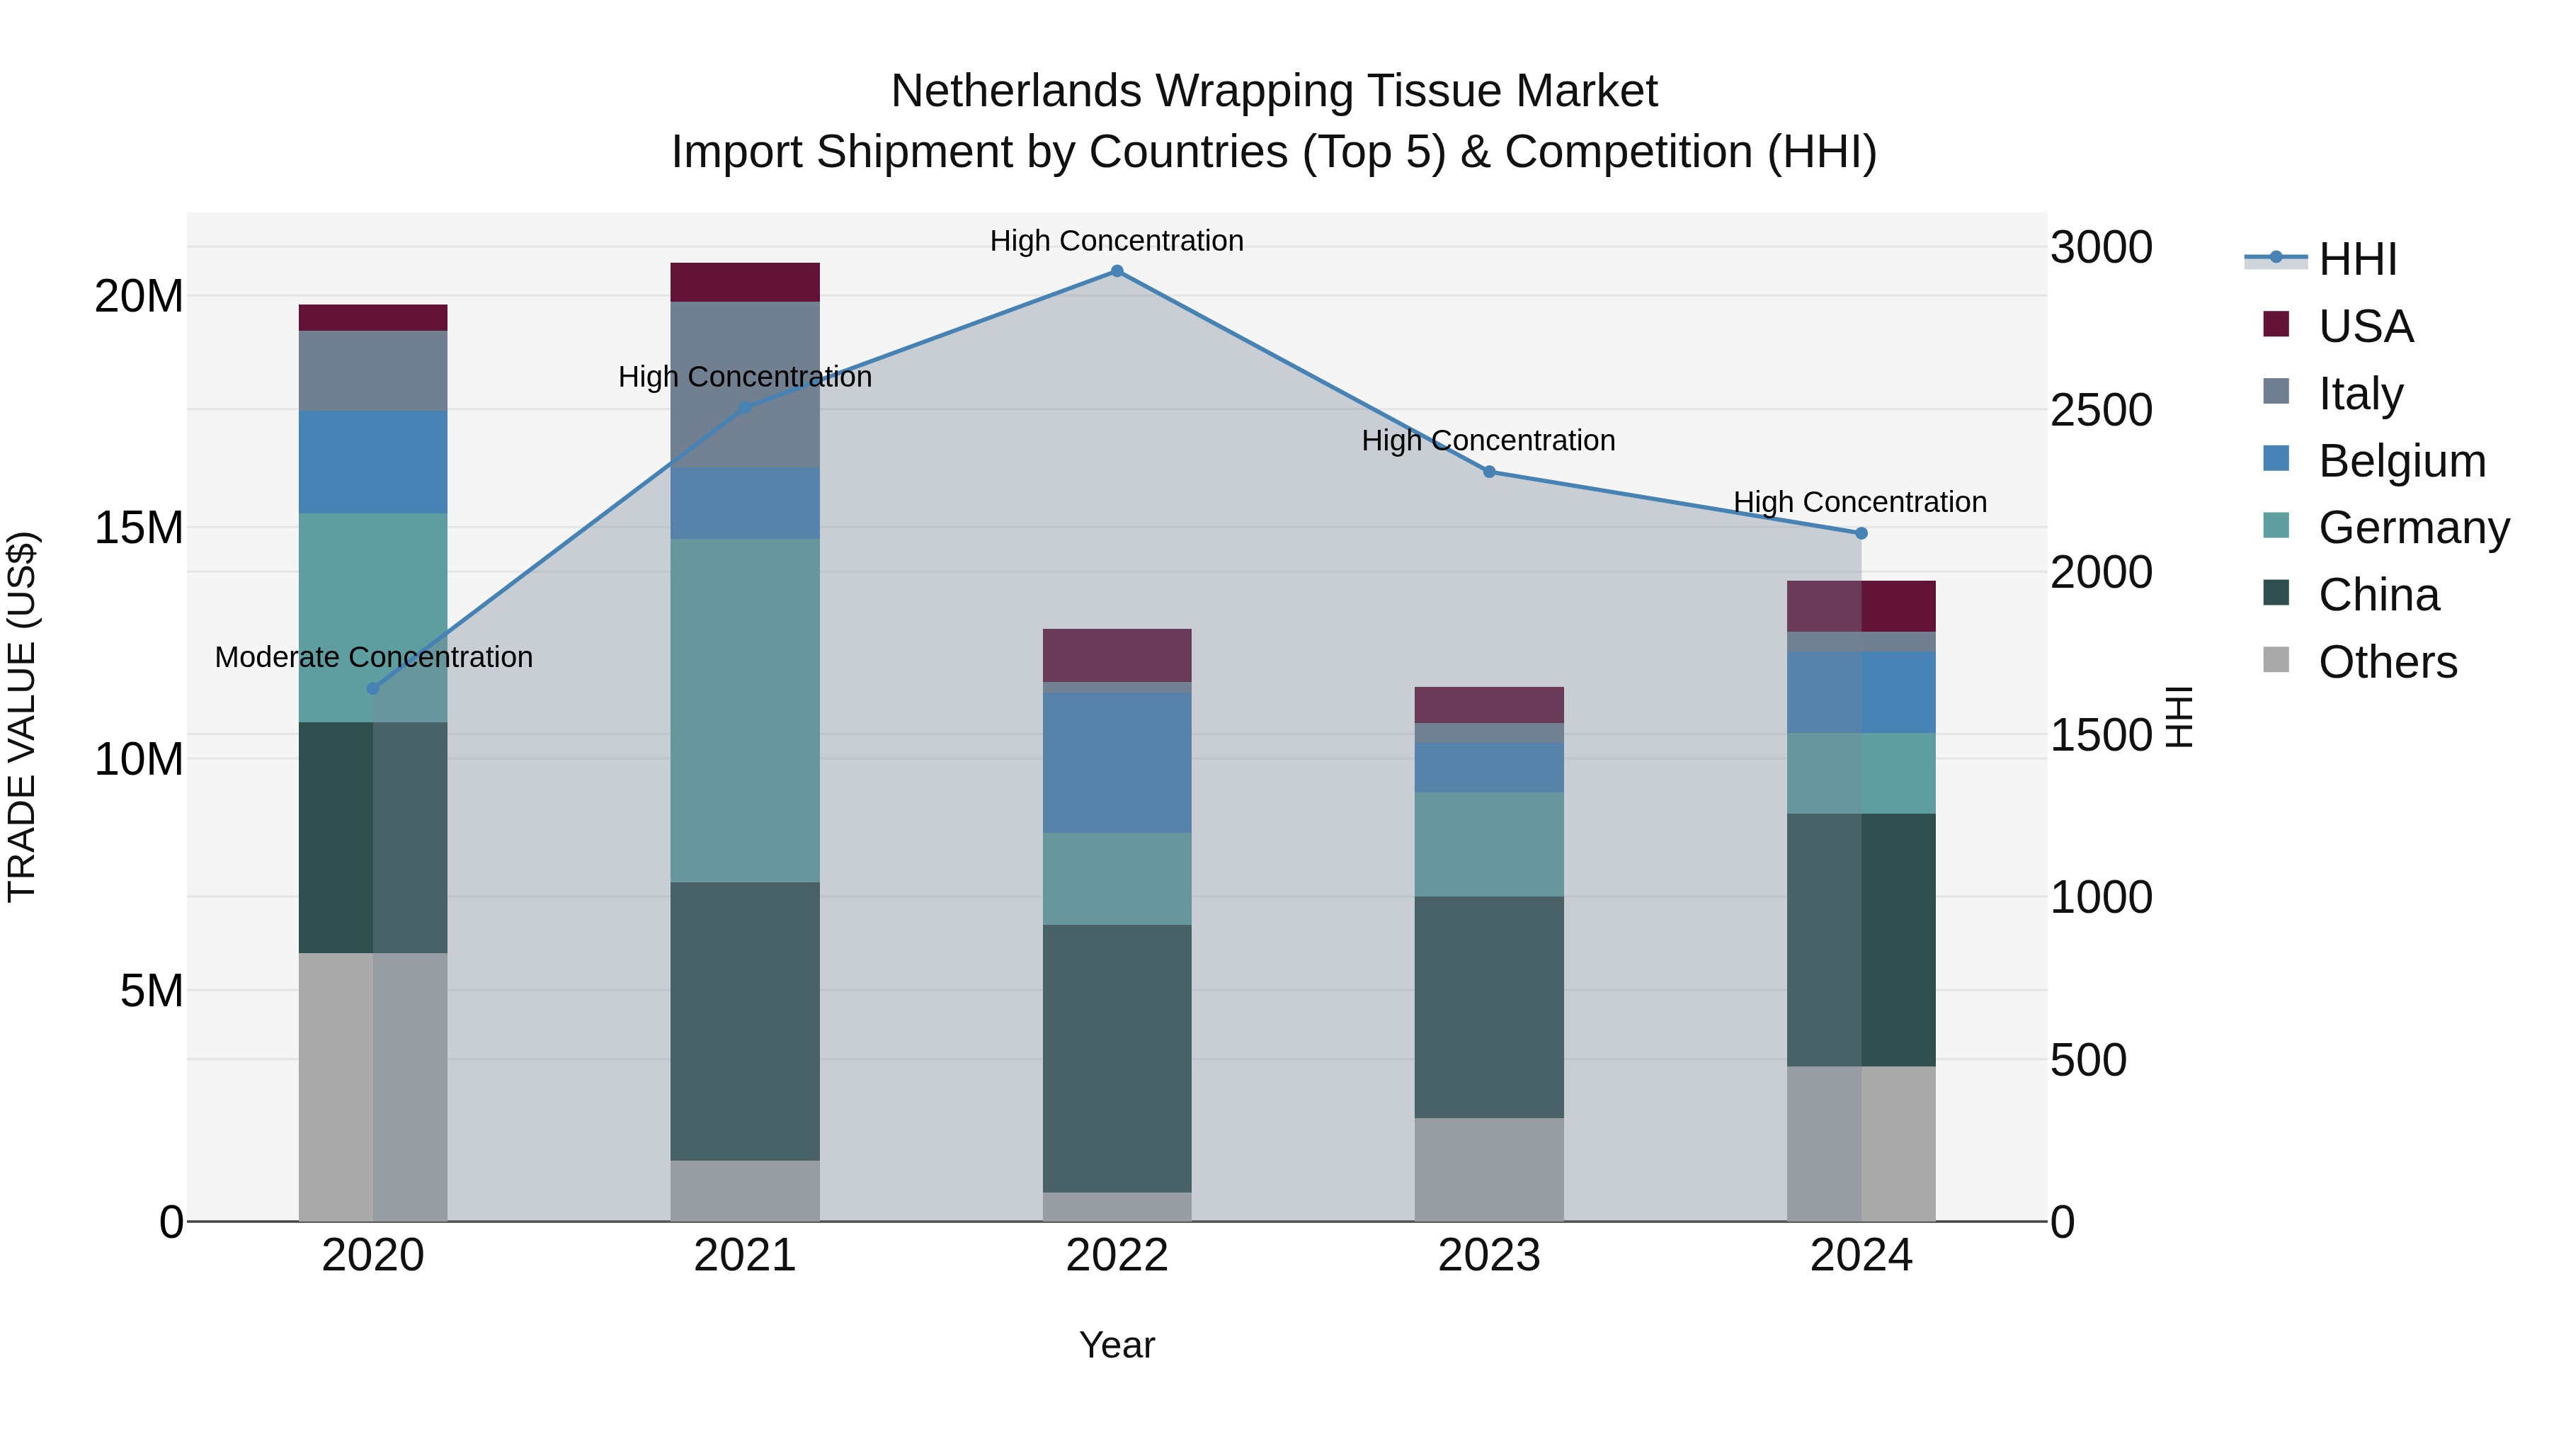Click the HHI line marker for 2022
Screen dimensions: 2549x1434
click(1117, 271)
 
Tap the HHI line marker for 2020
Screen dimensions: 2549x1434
click(373, 689)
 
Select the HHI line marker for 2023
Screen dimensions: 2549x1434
click(1489, 472)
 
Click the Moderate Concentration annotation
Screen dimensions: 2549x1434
click(374, 657)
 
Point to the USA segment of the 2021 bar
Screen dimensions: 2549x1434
click(745, 282)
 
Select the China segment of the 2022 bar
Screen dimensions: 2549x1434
click(1117, 1059)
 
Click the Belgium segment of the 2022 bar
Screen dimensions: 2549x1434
click(1117, 763)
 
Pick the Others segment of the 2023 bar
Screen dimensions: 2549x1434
click(1489, 1170)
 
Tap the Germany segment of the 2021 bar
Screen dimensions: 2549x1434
click(745, 710)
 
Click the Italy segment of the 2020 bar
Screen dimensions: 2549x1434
click(373, 371)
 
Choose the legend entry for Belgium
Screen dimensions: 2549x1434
click(2374, 461)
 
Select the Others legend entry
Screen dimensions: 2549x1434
click(2360, 662)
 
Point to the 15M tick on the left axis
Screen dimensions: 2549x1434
click(139, 528)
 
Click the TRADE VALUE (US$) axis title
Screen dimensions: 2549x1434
click(22, 717)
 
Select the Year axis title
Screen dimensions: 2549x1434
click(1117, 1345)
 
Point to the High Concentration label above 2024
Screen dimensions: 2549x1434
click(1860, 502)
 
